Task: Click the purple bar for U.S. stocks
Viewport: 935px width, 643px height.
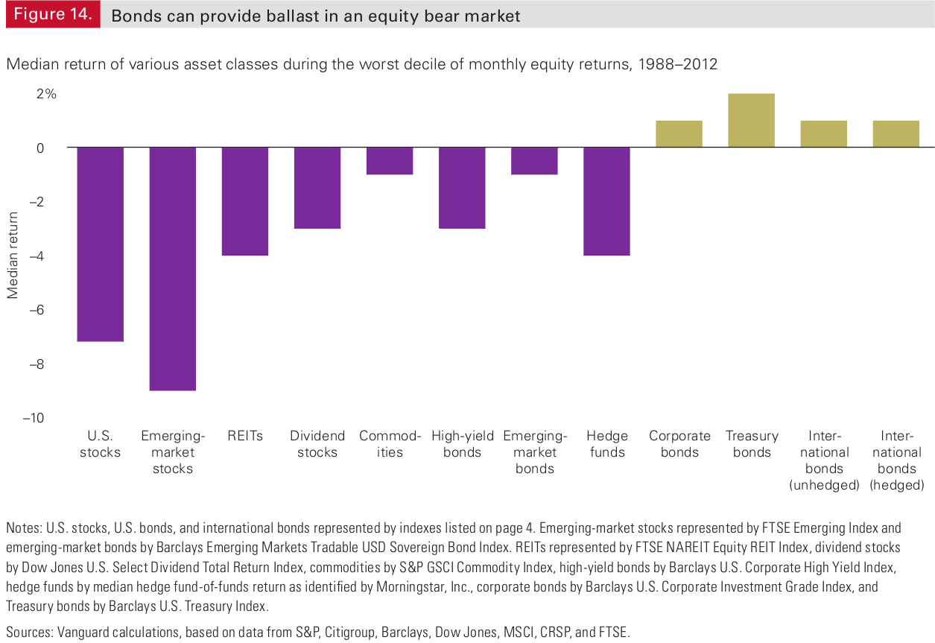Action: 101,244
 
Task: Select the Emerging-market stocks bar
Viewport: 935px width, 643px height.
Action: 173,268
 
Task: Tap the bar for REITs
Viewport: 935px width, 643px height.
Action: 245,201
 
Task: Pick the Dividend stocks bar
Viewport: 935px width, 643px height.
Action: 317,188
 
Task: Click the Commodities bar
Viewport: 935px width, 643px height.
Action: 390,161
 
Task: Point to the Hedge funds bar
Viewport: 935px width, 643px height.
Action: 606,201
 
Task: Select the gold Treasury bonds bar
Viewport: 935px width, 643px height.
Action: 751,121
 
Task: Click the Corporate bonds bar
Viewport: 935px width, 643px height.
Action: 679,134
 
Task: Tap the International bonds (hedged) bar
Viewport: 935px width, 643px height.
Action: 896,134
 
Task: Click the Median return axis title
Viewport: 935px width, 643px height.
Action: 13,256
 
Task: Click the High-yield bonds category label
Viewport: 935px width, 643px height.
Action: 463,444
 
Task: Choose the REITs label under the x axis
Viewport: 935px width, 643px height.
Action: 245,436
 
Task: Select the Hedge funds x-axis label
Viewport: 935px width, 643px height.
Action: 607,444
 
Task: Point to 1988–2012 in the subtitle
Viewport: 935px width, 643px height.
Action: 677,64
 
